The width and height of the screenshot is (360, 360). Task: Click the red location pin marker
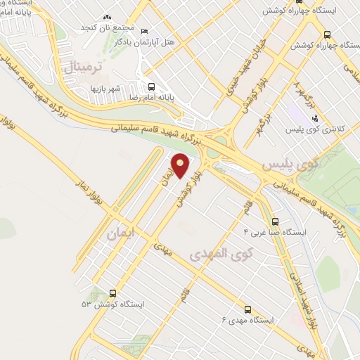181,165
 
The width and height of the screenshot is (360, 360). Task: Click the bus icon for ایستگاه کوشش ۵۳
113,293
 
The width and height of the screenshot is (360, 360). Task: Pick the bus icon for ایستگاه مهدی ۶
247,309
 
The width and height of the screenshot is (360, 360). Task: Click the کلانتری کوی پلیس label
313,130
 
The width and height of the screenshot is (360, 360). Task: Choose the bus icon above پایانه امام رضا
152,86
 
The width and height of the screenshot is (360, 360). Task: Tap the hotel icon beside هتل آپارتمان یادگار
145,32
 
